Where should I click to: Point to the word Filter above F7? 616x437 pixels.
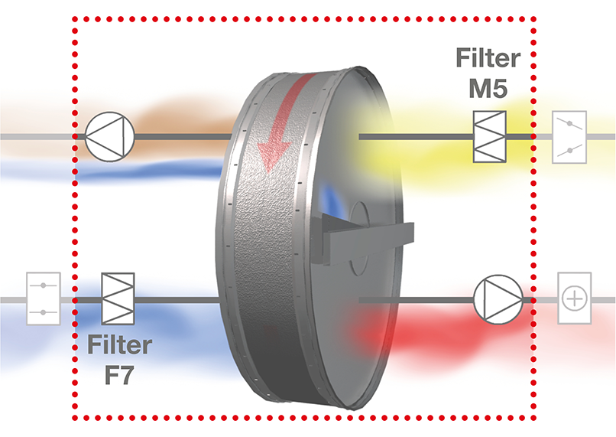(x=118, y=344)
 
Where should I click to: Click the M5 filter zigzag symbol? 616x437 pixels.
(x=489, y=138)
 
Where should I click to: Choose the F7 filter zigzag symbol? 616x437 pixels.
(x=118, y=298)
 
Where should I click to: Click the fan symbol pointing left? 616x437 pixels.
(x=109, y=137)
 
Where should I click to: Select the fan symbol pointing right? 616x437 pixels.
(x=498, y=298)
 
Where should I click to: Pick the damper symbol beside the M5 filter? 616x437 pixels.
(x=572, y=138)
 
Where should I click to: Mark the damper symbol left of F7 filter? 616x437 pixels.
(x=43, y=298)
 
